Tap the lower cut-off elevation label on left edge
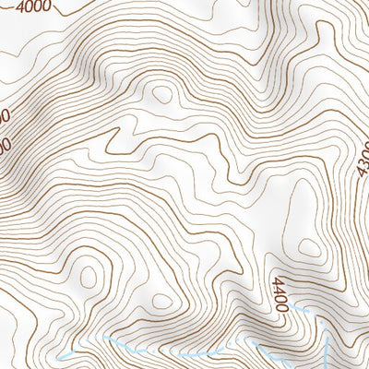click(x=4, y=146)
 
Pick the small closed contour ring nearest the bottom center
click(x=161, y=301)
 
